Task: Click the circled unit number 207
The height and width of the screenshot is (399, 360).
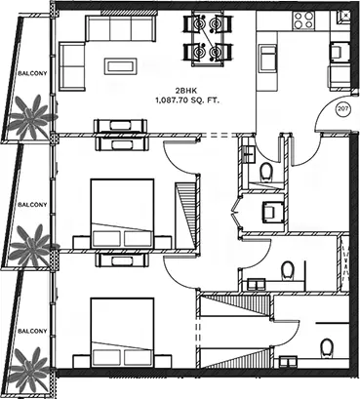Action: pos(342,109)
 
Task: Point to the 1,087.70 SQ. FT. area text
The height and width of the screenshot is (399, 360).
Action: pos(187,100)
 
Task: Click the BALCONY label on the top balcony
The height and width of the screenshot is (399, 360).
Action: pos(32,73)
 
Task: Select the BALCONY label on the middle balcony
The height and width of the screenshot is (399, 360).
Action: pos(32,205)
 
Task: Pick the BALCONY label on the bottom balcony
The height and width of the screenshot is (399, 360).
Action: pos(32,331)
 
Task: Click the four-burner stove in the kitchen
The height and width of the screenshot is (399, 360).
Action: pos(303,20)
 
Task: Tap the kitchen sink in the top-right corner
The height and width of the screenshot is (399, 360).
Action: pos(343,16)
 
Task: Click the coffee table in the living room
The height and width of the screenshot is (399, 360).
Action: pos(120,66)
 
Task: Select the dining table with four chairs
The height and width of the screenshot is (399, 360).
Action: pos(208,37)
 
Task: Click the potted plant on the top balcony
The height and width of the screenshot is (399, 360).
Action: pos(30,116)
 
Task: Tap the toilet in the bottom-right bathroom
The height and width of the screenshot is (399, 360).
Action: pos(326,347)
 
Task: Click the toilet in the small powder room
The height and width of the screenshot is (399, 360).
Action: pos(266,172)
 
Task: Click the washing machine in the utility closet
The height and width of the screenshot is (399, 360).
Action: pos(273,212)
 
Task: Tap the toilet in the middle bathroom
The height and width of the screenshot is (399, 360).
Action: pos(288,270)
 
